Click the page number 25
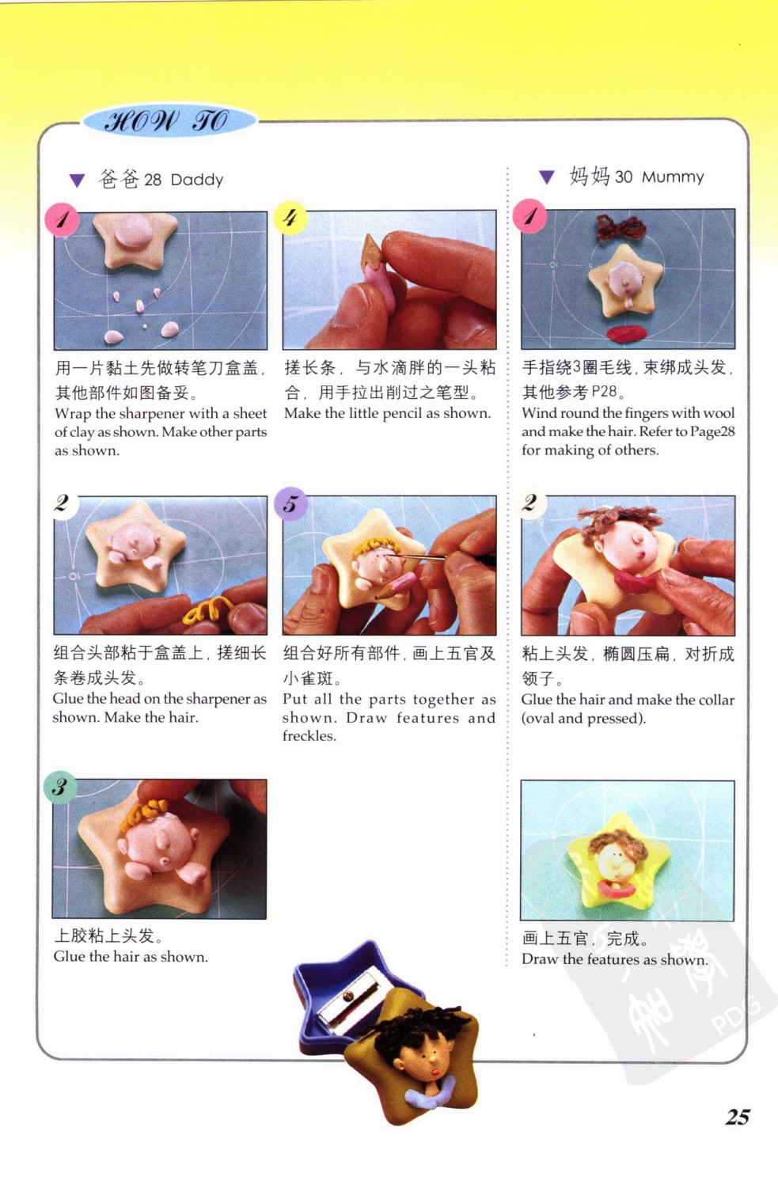(737, 1117)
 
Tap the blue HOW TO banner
(169, 120)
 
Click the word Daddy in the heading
(196, 180)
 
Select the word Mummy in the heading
(673, 176)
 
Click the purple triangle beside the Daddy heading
(78, 180)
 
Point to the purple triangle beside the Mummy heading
(547, 177)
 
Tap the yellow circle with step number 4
(290, 218)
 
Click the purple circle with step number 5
(290, 504)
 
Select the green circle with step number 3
(60, 787)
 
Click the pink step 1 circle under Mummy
(529, 216)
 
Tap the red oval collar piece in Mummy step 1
(627, 333)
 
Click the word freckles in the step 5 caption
(309, 736)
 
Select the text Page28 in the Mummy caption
(712, 432)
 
